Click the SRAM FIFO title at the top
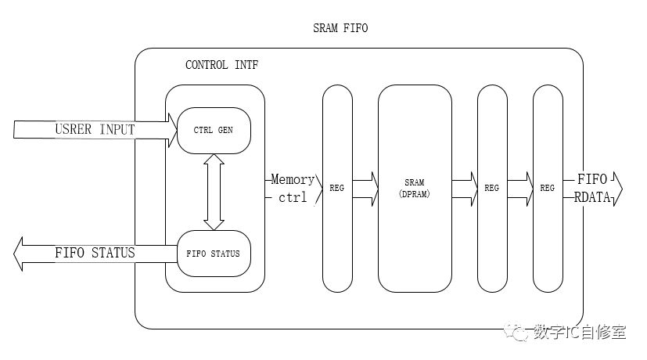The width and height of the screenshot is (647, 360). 340,29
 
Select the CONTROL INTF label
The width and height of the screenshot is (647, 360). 221,65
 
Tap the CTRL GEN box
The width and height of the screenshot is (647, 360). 214,130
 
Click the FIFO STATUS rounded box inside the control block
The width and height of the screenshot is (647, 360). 214,254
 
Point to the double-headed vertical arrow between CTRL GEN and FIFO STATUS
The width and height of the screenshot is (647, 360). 214,192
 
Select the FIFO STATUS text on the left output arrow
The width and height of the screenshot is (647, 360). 95,253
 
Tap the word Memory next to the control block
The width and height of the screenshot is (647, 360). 293,179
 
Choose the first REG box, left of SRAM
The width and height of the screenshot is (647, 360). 338,189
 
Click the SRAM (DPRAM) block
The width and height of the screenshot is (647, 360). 415,188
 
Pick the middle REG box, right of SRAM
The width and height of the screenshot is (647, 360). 492,189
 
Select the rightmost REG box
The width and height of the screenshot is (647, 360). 547,189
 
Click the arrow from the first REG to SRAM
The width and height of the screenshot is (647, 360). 365,189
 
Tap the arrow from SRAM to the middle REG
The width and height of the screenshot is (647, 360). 464,189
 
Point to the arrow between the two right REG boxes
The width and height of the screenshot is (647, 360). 519,189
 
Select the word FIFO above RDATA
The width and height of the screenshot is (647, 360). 592,178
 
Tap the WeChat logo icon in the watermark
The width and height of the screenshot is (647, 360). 518,333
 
